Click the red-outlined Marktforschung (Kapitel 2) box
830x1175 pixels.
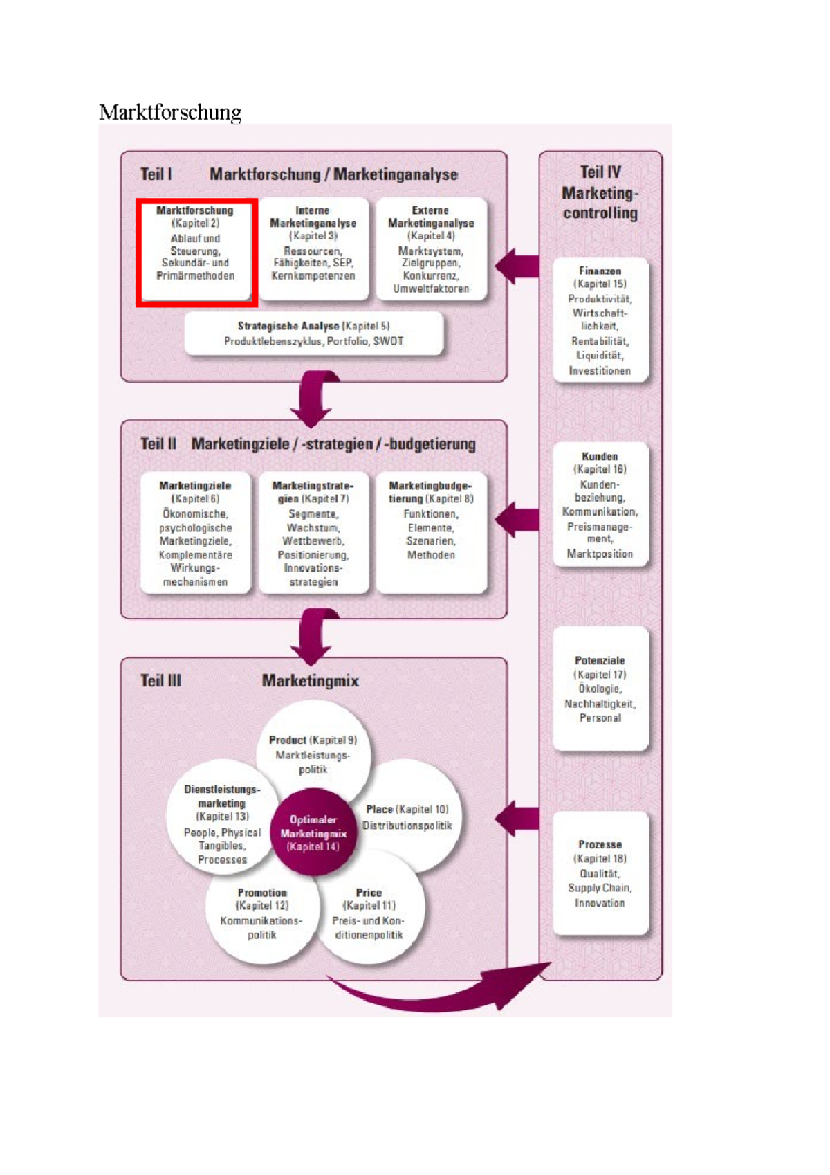point(196,252)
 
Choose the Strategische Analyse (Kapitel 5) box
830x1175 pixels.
point(313,334)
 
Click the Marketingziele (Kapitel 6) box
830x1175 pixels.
point(196,534)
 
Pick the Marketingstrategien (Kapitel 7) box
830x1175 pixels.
point(313,534)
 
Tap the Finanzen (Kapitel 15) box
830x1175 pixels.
point(600,320)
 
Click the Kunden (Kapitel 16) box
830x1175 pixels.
point(600,505)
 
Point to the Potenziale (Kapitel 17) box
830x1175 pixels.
point(600,689)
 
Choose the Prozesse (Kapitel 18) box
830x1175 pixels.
point(600,873)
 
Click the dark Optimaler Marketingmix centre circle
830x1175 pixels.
point(313,832)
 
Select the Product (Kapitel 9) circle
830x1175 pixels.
point(313,747)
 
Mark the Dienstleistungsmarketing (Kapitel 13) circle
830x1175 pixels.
point(221,823)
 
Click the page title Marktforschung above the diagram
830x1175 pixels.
point(170,112)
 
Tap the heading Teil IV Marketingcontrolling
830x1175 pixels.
point(600,192)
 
